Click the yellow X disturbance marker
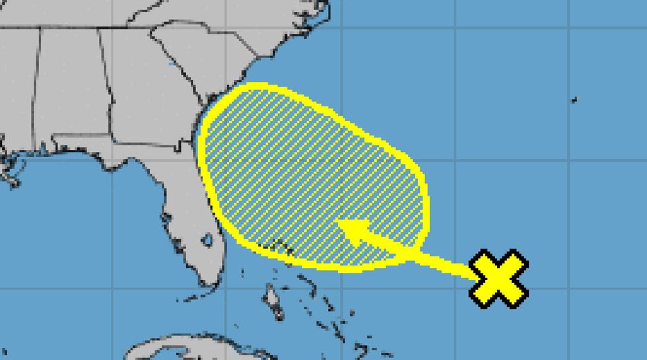tap(499, 279)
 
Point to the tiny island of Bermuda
tap(574, 100)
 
